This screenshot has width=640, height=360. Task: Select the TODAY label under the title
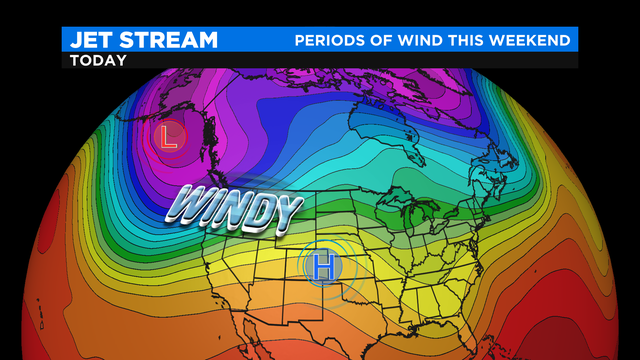click(99, 60)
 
